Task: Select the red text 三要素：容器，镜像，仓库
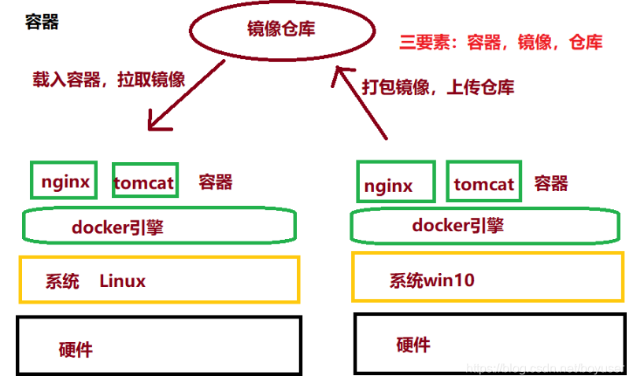tap(501, 42)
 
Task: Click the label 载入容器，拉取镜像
tap(109, 79)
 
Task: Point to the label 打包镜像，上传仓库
tap(438, 87)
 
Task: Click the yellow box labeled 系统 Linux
tap(160, 279)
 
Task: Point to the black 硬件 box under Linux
tap(160, 345)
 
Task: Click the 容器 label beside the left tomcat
tap(215, 182)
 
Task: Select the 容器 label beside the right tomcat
tap(551, 184)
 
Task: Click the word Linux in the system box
tap(122, 281)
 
